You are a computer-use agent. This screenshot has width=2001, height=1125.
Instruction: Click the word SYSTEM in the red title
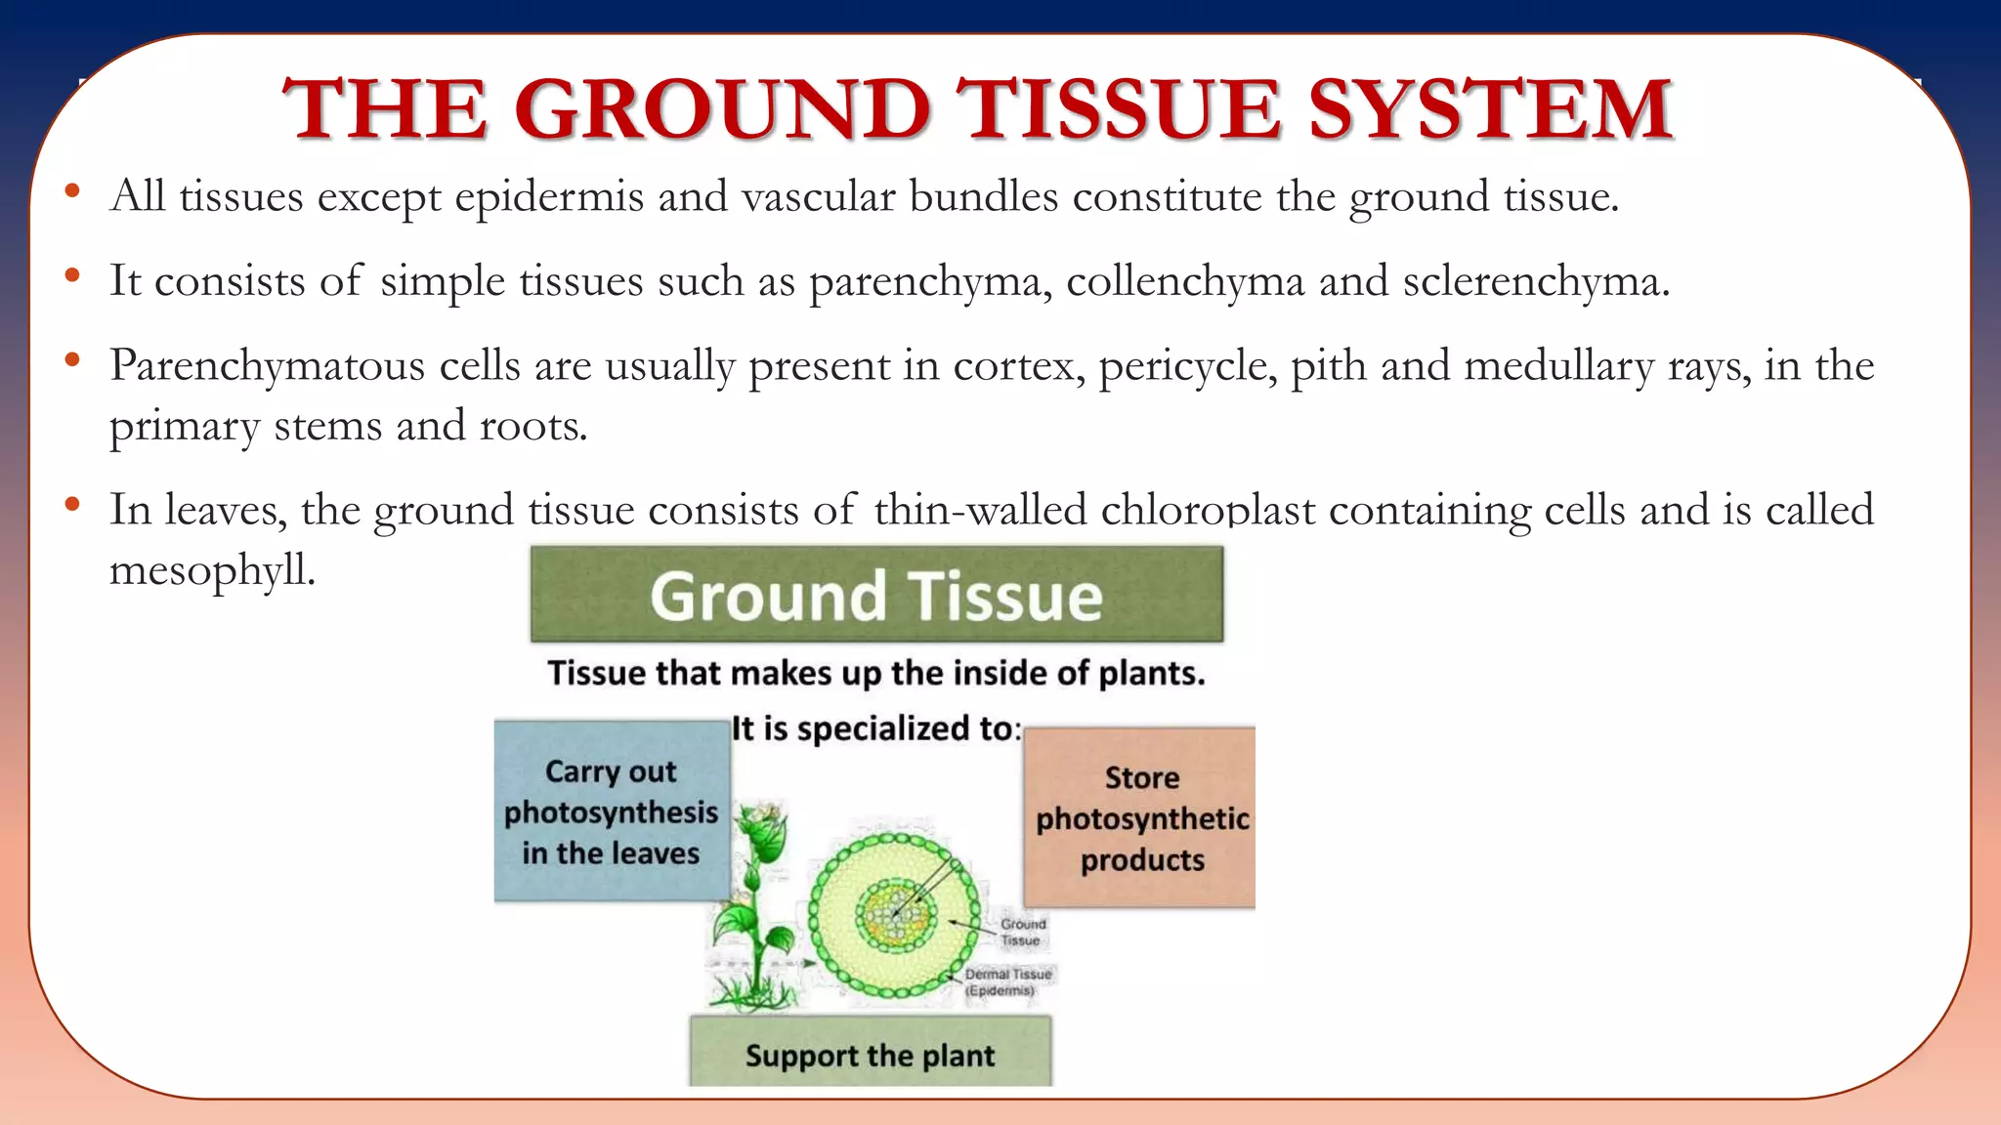tap(1490, 109)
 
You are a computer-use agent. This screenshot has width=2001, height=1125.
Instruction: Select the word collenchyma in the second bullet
tap(1185, 283)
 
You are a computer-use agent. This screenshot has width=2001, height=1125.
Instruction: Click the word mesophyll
tap(212, 571)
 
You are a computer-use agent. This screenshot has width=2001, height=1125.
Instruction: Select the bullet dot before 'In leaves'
tap(71, 505)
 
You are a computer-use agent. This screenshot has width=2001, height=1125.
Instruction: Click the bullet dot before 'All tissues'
tap(71, 191)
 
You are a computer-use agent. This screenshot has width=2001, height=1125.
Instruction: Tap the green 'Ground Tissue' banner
tap(876, 595)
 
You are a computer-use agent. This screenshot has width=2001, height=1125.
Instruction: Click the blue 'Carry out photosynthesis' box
tap(611, 812)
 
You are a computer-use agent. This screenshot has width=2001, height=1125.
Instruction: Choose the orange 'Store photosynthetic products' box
tap(1140, 818)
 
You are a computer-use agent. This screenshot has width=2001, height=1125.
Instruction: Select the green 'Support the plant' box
tap(870, 1054)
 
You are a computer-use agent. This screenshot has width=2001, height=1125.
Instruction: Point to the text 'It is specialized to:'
tap(876, 729)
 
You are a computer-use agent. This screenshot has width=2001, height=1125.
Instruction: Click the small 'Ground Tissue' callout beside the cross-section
tap(1022, 932)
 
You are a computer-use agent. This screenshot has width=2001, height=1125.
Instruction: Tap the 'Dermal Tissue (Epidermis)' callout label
tap(1007, 981)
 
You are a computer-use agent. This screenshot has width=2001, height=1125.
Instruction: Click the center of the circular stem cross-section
tap(895, 915)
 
